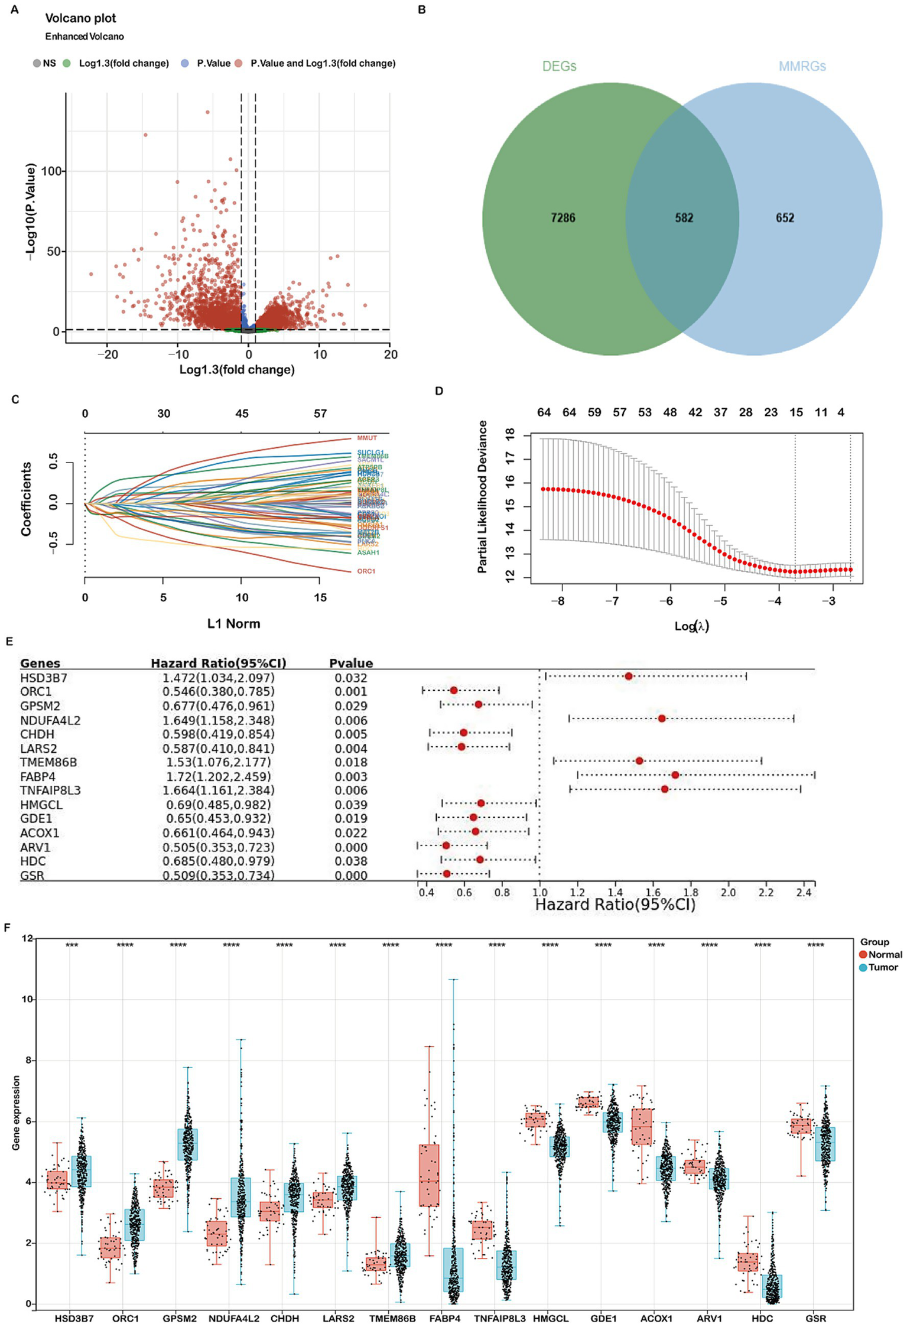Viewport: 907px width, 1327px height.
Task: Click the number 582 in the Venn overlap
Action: [x=684, y=218]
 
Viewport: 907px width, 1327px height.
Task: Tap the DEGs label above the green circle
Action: [x=559, y=66]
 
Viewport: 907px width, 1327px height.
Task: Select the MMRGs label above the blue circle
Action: [x=802, y=66]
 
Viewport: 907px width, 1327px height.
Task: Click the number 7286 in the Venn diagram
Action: [x=563, y=218]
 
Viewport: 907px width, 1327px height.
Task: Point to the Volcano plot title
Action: [x=80, y=18]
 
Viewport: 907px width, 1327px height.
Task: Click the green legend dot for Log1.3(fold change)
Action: [x=67, y=63]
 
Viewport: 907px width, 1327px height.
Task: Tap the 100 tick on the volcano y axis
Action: [x=51, y=171]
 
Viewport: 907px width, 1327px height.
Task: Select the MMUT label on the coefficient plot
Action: [x=367, y=438]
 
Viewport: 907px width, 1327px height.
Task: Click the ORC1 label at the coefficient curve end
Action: [x=366, y=571]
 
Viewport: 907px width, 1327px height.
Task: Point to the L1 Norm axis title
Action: [x=233, y=623]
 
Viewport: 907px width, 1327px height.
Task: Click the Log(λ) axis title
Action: [x=691, y=626]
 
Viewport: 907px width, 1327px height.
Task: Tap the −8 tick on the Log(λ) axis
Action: [x=557, y=601]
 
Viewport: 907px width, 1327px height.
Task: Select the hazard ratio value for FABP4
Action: [x=216, y=776]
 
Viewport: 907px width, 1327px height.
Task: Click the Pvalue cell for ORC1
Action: [x=350, y=691]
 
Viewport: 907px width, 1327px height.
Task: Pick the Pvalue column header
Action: [x=350, y=663]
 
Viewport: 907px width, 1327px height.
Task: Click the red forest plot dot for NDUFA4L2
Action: [x=662, y=718]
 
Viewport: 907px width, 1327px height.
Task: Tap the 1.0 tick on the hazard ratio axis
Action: [x=539, y=892]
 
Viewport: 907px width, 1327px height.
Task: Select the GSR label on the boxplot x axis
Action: [x=815, y=1318]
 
